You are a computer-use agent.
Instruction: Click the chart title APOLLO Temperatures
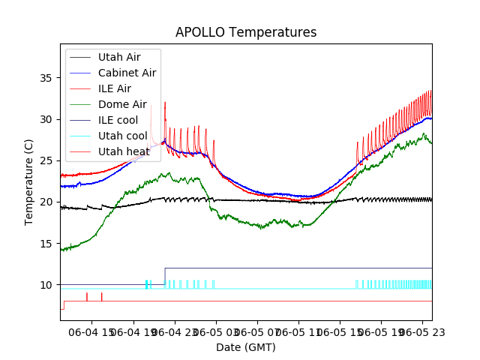[x=246, y=32]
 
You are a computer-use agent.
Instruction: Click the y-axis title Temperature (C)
[x=29, y=181]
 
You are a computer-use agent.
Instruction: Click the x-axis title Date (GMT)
[x=246, y=347]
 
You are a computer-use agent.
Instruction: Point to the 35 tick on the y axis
[x=49, y=78]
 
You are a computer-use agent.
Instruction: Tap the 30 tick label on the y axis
[x=49, y=119]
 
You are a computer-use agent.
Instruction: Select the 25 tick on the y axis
[x=49, y=160]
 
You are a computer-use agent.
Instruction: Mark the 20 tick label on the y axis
[x=49, y=202]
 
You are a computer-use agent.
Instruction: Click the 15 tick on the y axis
[x=49, y=243]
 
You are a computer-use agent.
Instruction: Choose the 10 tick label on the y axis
[x=49, y=285]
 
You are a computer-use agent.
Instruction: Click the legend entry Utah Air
[x=118, y=57]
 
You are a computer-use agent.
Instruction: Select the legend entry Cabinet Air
[x=127, y=73]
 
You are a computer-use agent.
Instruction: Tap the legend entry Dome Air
[x=122, y=104]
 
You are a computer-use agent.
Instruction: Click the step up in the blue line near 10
[x=165, y=276]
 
